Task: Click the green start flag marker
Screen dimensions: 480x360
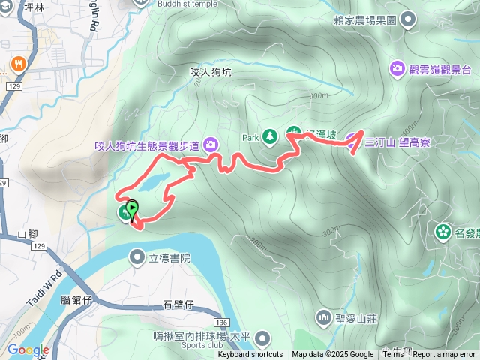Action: click(132, 209)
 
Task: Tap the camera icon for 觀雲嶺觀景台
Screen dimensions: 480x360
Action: click(396, 69)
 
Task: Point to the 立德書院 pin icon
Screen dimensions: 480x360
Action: click(137, 258)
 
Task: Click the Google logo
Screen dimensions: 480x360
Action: click(28, 349)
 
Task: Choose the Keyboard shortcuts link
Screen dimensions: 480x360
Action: click(250, 355)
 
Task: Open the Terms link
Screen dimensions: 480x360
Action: click(393, 355)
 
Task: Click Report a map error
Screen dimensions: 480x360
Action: click(444, 355)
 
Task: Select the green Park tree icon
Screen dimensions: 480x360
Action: click(271, 136)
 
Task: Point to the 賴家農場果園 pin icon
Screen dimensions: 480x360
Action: click(409, 19)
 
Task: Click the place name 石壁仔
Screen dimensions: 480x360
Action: click(178, 304)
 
